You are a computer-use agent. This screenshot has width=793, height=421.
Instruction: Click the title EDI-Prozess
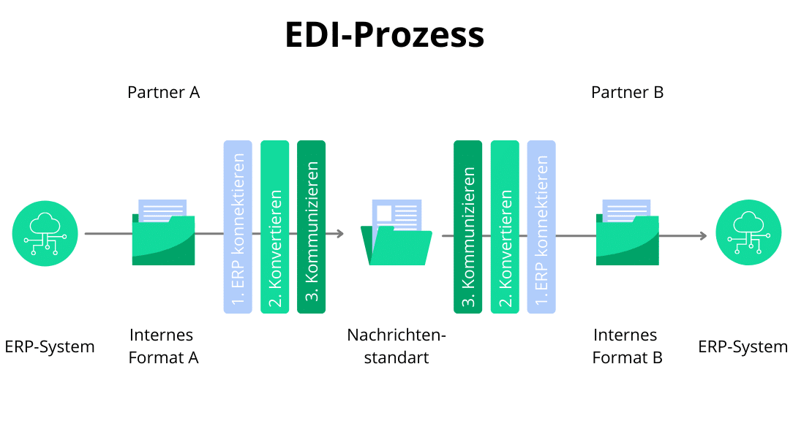pos(384,35)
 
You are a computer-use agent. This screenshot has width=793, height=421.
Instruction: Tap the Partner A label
pos(163,93)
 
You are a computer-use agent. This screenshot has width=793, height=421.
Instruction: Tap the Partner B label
pos(627,93)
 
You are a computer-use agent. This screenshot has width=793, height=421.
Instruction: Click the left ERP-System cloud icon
pos(45,233)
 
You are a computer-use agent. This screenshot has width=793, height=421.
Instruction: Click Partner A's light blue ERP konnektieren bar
pos(237,227)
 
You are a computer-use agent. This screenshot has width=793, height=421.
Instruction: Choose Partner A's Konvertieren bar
pos(274,227)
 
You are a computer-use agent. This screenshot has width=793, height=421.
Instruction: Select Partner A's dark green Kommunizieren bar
pos(311,227)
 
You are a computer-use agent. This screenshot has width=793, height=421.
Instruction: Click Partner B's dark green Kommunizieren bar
pos(467,227)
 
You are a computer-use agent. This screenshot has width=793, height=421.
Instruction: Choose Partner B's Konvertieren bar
pos(505,227)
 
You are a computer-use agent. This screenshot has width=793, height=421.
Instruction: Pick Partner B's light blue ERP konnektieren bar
pos(541,227)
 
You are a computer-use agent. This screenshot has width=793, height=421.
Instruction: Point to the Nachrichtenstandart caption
pos(396,346)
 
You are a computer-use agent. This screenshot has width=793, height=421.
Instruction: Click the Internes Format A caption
pos(162,346)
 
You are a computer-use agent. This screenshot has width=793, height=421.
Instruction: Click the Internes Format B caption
pos(626,346)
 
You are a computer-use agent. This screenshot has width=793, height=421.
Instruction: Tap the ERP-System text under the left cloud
pos(50,346)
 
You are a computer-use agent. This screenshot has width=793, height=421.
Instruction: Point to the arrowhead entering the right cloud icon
pos(702,235)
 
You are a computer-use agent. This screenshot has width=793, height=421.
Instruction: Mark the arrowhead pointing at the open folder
pos(339,234)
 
